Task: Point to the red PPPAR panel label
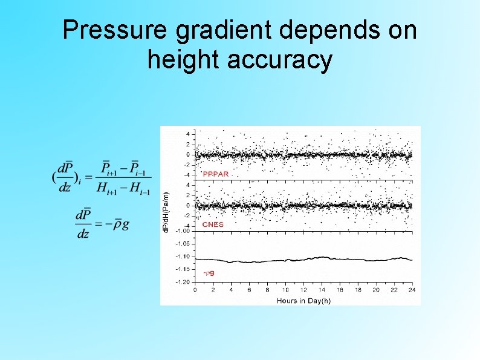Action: tap(216, 174)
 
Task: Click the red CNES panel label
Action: tap(213, 224)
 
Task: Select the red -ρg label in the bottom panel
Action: tap(209, 273)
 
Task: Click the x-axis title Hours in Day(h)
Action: tap(303, 300)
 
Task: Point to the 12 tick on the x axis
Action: tap(303, 290)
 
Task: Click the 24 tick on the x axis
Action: tap(412, 290)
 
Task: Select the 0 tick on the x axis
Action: tap(195, 290)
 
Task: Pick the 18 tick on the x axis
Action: tap(358, 290)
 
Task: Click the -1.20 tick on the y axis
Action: tap(182, 282)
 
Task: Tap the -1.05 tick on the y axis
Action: tap(182, 243)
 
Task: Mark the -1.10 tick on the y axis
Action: tap(182, 256)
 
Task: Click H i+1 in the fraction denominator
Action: tap(107, 188)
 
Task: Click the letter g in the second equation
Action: tap(125, 225)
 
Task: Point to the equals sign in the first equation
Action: tap(88, 177)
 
